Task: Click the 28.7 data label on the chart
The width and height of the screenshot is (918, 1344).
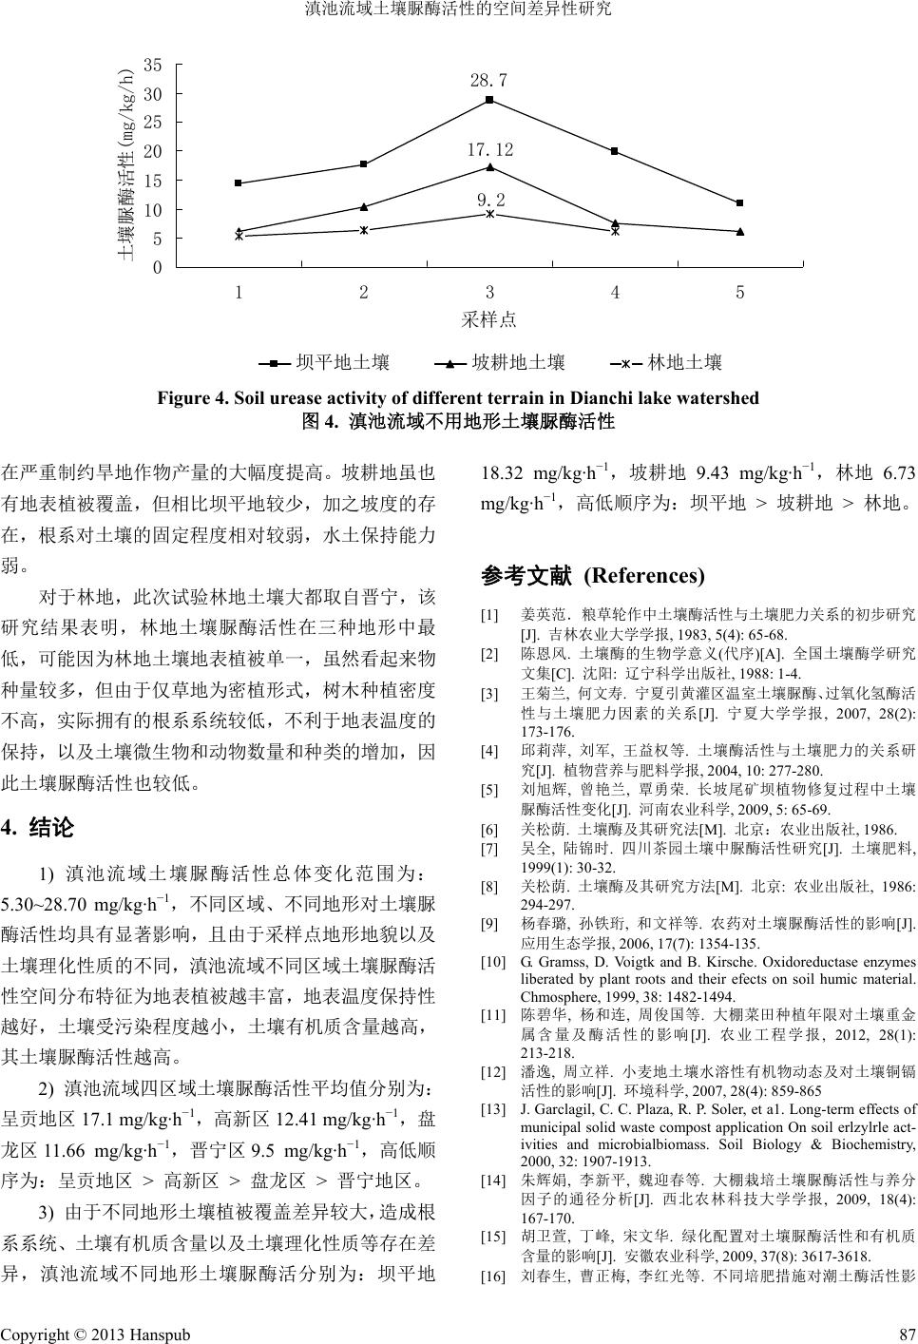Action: pos(488,80)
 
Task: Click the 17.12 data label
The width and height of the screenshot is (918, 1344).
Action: pos(489,150)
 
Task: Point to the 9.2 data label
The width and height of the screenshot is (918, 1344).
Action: pos(490,200)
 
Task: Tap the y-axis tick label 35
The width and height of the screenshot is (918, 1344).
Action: pos(153,65)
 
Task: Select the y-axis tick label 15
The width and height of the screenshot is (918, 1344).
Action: pos(153,181)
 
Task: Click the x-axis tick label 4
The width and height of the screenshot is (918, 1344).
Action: pos(615,293)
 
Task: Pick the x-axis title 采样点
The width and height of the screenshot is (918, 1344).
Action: pos(489,319)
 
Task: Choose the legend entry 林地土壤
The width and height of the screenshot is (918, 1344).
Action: pos(684,362)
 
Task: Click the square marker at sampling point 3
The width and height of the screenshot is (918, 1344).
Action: pos(489,100)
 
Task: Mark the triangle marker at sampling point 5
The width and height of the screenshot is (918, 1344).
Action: pos(740,231)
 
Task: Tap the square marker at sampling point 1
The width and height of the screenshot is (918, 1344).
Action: pos(239,182)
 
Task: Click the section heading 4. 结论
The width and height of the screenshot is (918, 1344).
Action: pos(39,827)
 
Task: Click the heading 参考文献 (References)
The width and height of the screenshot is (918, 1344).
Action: pos(593,575)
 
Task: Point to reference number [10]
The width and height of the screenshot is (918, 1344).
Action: pos(493,963)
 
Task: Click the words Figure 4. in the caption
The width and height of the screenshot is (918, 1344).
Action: pos(187,397)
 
